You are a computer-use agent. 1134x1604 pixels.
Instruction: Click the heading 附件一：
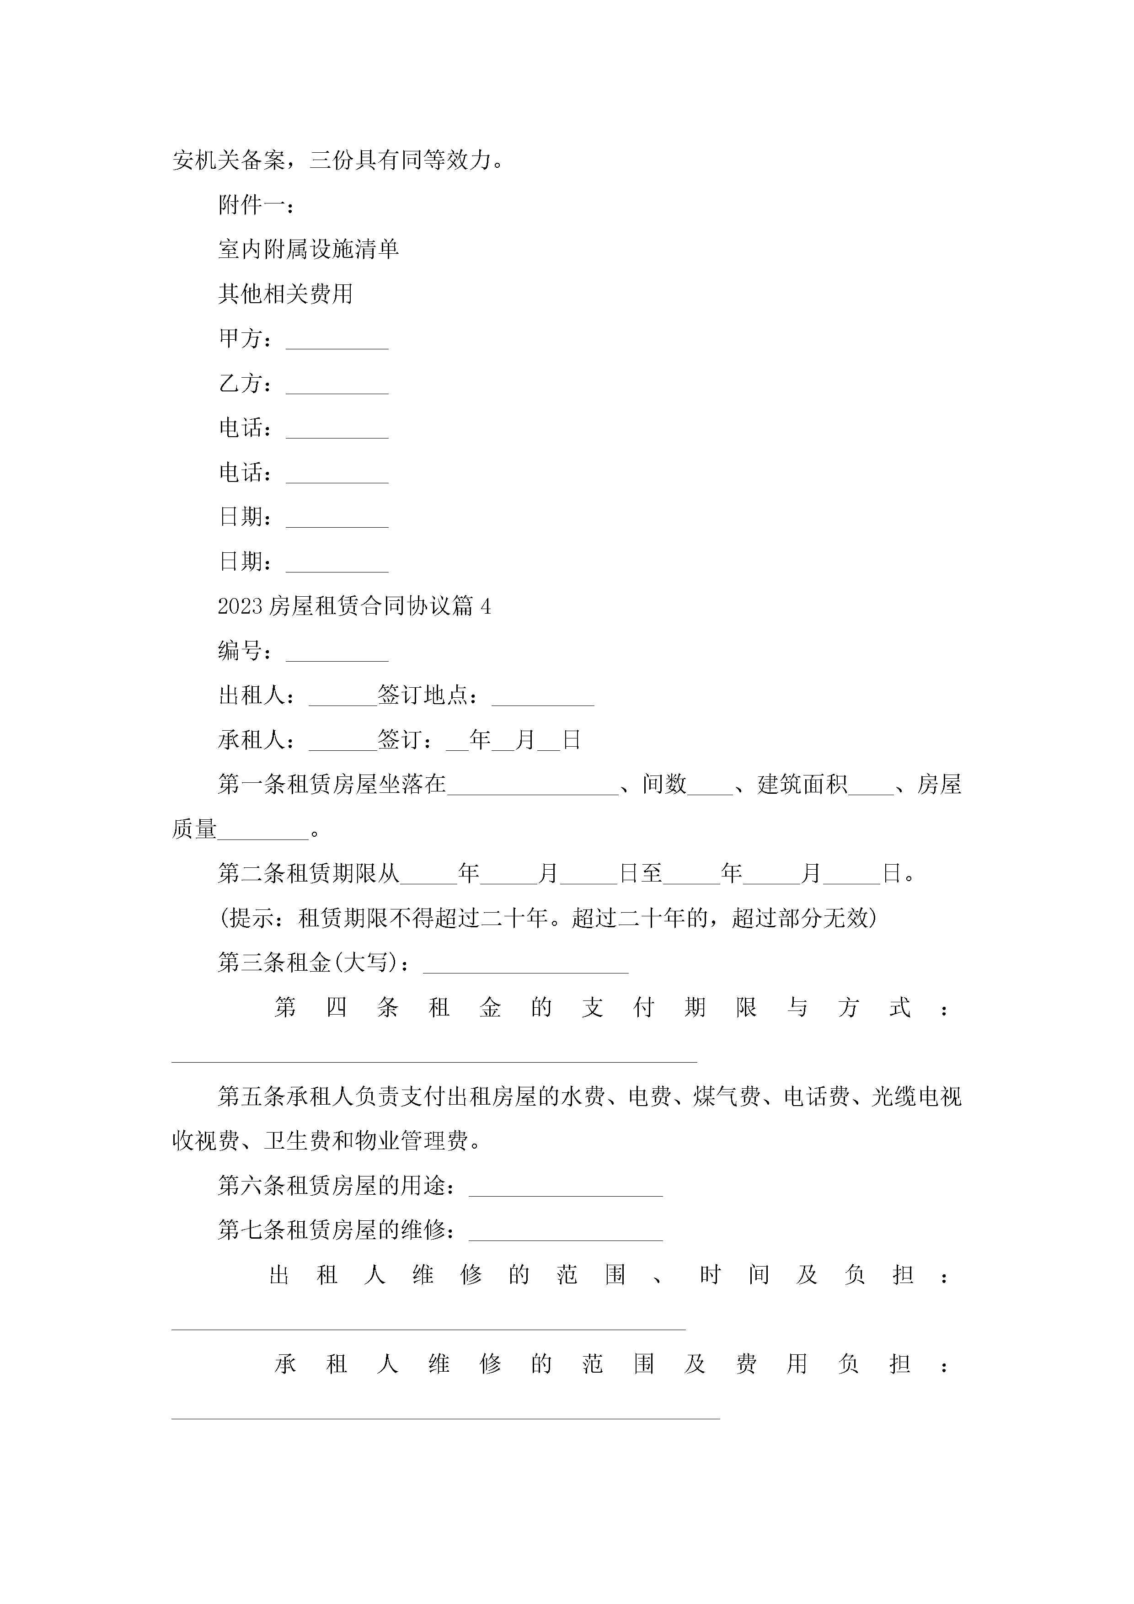click(257, 205)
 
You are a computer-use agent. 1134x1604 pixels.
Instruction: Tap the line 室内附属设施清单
click(308, 249)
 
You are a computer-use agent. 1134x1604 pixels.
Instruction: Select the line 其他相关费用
click(285, 294)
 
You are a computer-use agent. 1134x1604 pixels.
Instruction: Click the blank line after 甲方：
click(337, 342)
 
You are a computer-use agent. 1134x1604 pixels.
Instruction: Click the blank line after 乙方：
click(337, 387)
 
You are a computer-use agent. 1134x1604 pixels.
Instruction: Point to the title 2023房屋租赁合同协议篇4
click(354, 606)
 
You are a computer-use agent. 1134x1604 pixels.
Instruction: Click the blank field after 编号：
click(337, 655)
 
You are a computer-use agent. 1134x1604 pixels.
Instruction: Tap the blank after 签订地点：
click(543, 699)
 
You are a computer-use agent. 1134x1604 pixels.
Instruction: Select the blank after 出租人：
click(342, 699)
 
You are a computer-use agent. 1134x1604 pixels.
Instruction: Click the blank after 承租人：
click(342, 744)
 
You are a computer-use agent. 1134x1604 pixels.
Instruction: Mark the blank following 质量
click(263, 834)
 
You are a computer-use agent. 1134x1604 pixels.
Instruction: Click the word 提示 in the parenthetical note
click(251, 918)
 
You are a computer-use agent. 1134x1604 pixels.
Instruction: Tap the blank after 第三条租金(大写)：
click(525, 967)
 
